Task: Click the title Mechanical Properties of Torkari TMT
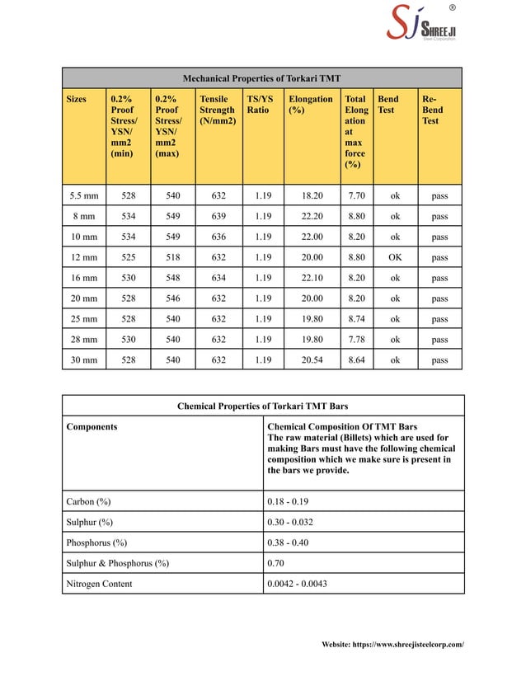[x=261, y=79]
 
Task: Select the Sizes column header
[x=76, y=99]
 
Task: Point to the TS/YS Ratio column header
[x=260, y=104]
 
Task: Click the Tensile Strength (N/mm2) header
[x=217, y=110]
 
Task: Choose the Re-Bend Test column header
[x=432, y=110]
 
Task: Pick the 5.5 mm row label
[x=83, y=196]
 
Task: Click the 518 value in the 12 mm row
[x=172, y=257]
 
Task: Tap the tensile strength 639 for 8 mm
[x=218, y=217]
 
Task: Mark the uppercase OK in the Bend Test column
[x=395, y=257]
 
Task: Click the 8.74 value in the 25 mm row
[x=356, y=319]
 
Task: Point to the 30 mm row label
[x=83, y=359]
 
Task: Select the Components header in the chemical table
[x=92, y=426]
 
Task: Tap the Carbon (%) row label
[x=88, y=500]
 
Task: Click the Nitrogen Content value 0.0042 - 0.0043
[x=298, y=583]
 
